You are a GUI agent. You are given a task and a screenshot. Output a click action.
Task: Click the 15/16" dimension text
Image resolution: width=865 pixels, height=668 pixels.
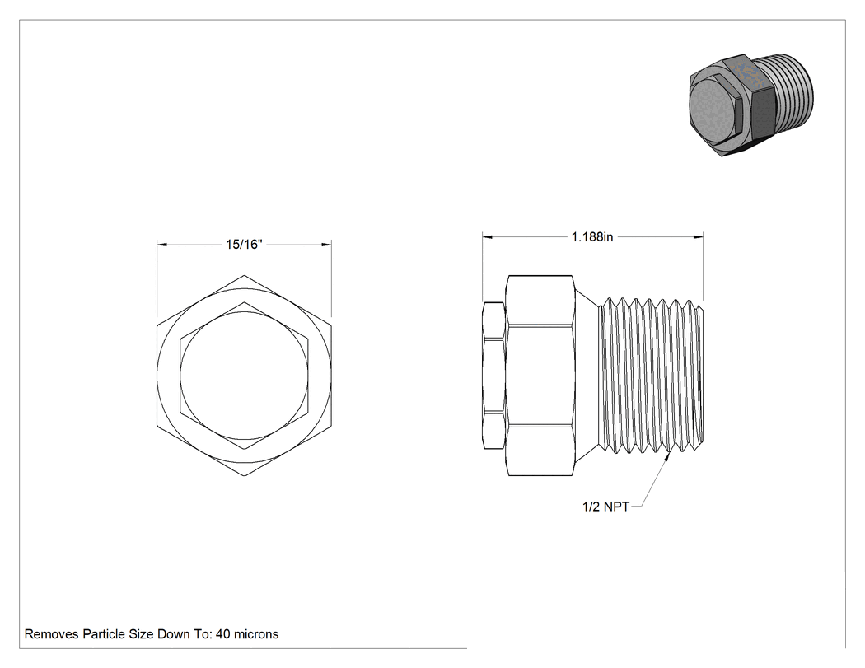pos(244,245)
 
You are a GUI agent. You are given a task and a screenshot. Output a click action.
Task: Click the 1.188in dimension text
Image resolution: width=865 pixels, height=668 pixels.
pos(592,236)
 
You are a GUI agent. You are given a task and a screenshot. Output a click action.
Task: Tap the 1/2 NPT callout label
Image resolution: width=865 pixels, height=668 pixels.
pos(605,507)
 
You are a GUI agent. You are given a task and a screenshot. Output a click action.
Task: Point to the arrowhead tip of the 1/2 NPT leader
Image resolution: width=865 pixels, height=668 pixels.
pos(669,453)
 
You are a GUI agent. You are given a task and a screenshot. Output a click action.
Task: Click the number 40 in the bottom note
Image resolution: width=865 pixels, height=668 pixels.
pos(223,633)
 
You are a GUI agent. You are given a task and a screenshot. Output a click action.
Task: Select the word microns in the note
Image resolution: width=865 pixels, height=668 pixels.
pos(256,633)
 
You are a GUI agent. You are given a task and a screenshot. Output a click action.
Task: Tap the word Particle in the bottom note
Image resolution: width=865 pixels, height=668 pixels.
pos(104,633)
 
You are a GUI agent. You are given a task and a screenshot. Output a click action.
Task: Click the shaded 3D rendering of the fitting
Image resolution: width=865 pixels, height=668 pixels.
pos(751,105)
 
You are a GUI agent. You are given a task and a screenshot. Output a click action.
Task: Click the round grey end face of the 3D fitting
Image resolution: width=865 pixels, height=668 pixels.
pos(713,108)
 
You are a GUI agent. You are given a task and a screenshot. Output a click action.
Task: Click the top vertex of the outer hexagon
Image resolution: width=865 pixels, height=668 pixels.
pos(245,275)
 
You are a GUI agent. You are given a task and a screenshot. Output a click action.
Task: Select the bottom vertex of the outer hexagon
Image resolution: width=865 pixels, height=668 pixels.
pos(245,476)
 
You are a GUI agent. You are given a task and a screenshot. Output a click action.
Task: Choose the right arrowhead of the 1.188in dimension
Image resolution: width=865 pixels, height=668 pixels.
pos(699,236)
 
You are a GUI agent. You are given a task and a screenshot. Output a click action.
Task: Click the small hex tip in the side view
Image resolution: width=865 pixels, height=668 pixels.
pos(493,375)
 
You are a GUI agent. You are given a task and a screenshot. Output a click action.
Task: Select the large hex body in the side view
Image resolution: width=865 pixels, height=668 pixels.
pos(540,375)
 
